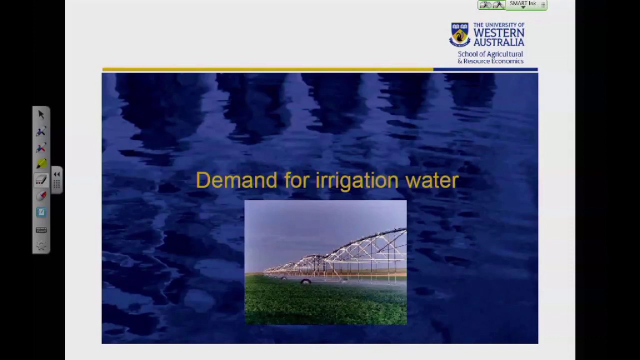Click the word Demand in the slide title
(x=236, y=180)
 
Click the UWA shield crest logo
(x=459, y=34)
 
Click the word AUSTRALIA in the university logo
(x=499, y=42)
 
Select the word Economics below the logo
(x=507, y=61)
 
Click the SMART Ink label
(x=523, y=4)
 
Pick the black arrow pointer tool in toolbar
(x=41, y=115)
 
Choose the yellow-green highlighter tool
(x=41, y=163)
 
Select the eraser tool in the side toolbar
(x=41, y=180)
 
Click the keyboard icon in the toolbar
(x=41, y=230)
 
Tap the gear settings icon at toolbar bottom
(x=41, y=245)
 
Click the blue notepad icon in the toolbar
(x=41, y=212)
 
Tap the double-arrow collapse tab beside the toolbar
(x=57, y=174)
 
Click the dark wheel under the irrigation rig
(x=306, y=282)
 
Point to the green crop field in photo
(x=325, y=305)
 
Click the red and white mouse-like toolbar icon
(x=41, y=196)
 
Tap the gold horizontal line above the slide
(x=267, y=69)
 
